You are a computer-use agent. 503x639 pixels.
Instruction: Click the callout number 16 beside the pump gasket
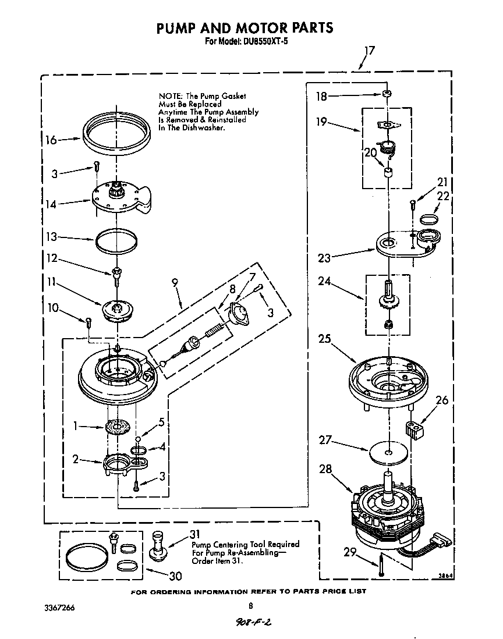click(51, 140)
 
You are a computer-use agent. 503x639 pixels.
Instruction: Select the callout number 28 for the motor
click(327, 469)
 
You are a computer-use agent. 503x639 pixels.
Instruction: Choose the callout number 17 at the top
click(369, 51)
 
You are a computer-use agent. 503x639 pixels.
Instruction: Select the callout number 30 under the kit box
click(174, 576)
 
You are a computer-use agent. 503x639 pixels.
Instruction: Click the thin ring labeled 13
click(116, 240)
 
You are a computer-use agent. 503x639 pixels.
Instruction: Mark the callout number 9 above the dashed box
click(175, 284)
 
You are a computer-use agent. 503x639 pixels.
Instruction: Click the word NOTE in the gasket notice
click(171, 95)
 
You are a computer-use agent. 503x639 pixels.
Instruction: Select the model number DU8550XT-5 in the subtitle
click(268, 42)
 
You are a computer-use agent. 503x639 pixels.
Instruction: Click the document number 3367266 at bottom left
click(59, 608)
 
